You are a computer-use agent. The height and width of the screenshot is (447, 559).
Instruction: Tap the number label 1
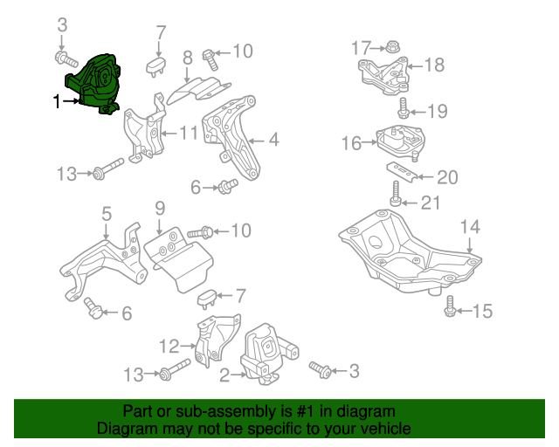point(58,102)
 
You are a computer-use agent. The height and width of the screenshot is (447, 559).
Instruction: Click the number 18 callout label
point(434,65)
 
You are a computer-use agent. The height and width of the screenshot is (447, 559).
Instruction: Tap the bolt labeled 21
point(396,194)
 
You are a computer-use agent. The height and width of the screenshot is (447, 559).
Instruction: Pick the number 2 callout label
point(224,375)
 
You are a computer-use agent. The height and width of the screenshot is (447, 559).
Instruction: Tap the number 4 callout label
point(273,139)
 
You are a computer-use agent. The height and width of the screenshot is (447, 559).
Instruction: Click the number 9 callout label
point(159,208)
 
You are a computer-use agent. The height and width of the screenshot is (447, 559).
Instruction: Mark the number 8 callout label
point(187,59)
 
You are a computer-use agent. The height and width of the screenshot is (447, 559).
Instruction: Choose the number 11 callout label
point(190,134)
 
